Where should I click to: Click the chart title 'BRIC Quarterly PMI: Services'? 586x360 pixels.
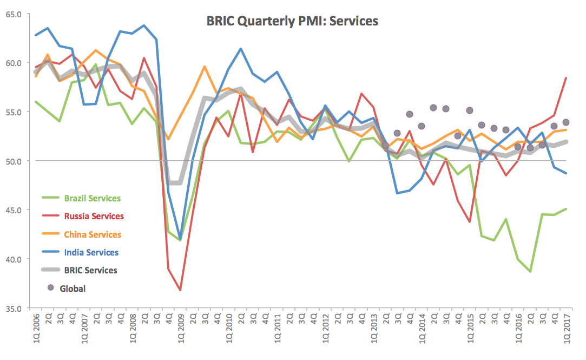[x=292, y=22]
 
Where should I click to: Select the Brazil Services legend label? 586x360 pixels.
[x=92, y=199]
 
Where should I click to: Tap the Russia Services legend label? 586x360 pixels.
[x=94, y=217]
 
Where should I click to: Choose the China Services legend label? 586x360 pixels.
[x=93, y=234]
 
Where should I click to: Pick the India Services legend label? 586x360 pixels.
[x=91, y=252]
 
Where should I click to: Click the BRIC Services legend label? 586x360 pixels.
[x=90, y=270]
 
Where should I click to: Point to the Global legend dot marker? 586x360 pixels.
[x=51, y=288]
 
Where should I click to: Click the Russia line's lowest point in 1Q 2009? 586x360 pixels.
[x=180, y=290]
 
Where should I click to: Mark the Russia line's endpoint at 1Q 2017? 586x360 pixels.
[x=566, y=78]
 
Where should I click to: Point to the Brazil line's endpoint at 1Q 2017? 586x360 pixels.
[x=566, y=209]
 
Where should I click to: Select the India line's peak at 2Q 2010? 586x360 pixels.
[x=241, y=49]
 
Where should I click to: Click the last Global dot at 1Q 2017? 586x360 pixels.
[x=566, y=122]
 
